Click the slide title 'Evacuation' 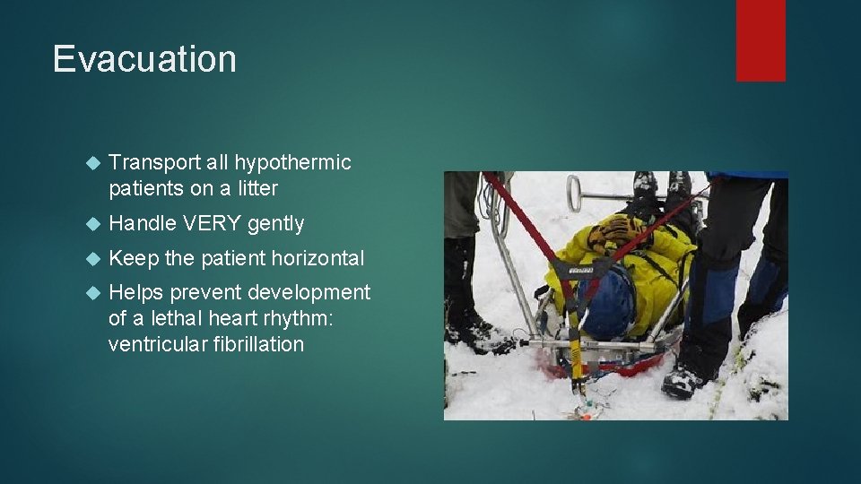pos(144,59)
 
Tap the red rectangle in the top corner pos(761,40)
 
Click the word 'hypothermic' pos(292,162)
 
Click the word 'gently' pos(276,223)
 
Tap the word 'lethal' pos(174,318)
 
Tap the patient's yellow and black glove pos(618,231)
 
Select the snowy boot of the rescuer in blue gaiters pos(683,380)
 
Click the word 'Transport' pos(154,162)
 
